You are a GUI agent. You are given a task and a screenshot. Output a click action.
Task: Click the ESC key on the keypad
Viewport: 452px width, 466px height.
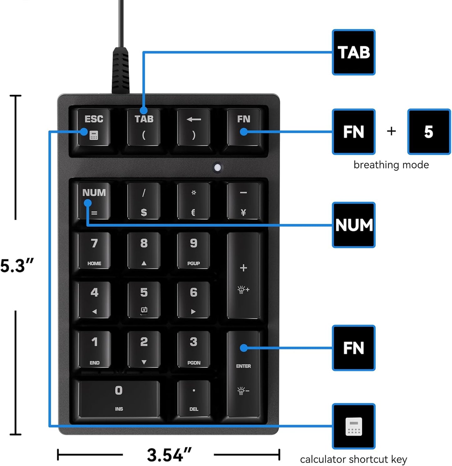(94, 127)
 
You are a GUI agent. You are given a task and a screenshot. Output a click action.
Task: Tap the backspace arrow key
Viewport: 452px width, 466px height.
(193, 127)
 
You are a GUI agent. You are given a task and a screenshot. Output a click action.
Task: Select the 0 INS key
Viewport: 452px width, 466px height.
(119, 398)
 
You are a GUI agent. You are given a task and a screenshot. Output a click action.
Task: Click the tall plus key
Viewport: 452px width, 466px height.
(243, 275)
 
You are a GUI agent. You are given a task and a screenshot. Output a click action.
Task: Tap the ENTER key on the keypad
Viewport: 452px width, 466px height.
(243, 374)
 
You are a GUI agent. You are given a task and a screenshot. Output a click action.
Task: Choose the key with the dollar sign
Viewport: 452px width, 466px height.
(144, 201)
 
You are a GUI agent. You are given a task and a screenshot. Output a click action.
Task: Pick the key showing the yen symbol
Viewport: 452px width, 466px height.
(243, 201)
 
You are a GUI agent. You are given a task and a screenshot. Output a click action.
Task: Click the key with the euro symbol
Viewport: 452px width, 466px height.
(193, 201)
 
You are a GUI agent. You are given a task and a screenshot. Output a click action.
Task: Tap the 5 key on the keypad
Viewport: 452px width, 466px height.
(144, 300)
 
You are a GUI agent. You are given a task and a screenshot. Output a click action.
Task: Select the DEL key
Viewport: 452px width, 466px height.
(193, 398)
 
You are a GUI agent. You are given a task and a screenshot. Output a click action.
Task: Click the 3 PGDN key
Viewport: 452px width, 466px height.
(193, 349)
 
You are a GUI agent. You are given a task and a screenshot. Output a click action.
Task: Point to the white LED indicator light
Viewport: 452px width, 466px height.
(217, 168)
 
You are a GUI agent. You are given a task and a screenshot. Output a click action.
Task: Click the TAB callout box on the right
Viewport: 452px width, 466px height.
(353, 52)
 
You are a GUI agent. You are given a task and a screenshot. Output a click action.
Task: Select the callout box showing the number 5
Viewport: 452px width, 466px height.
(429, 132)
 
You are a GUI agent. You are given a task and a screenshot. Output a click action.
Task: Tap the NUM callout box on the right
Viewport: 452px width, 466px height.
(353, 225)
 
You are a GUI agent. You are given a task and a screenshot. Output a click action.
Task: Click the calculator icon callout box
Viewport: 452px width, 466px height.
(353, 426)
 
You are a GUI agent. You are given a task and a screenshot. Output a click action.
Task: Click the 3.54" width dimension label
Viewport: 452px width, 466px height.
(169, 455)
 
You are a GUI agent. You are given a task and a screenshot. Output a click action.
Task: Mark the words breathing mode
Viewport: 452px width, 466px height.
(391, 165)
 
